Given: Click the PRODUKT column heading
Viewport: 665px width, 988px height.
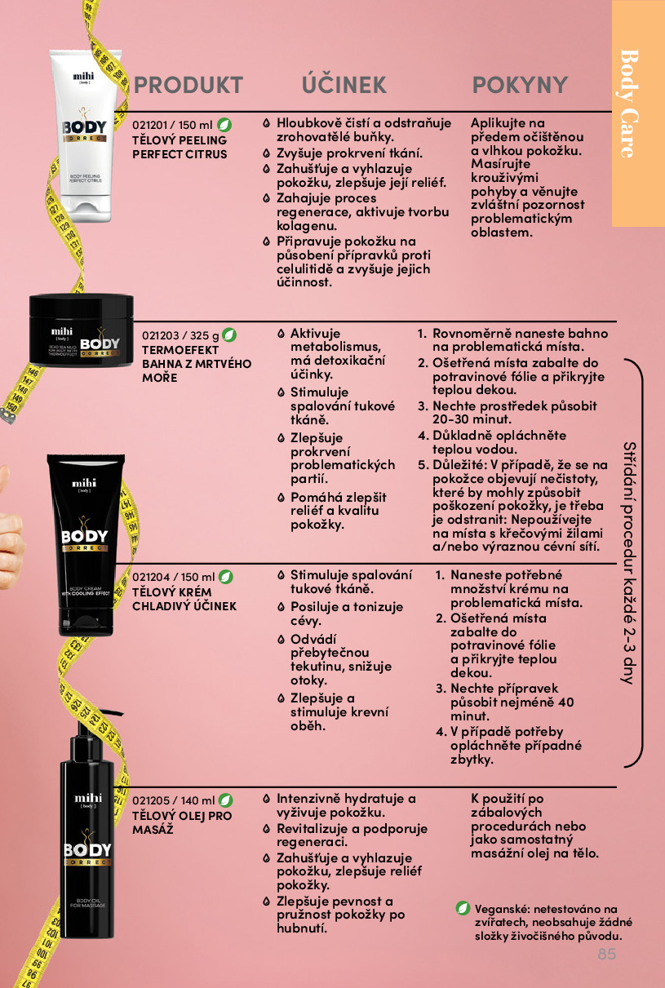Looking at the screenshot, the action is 188,85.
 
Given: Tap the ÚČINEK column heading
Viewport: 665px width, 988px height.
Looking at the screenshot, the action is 344,84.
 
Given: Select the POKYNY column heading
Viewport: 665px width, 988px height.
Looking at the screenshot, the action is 520,85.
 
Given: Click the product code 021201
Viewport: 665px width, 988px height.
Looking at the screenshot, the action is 150,126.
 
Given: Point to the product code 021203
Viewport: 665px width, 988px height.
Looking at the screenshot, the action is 160,335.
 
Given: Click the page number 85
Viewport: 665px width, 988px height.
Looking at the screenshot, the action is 607,954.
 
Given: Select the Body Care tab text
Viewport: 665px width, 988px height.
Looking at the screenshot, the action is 630,104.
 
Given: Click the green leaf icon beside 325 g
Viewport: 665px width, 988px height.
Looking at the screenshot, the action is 228,335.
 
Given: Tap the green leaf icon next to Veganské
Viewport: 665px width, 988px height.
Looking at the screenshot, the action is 463,909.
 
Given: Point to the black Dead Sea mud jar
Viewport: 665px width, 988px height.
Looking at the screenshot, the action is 81,330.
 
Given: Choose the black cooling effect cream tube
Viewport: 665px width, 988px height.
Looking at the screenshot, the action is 86,545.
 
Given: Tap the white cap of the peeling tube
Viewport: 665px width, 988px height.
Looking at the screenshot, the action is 91,209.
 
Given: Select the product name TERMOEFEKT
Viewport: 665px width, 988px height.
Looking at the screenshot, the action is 180,350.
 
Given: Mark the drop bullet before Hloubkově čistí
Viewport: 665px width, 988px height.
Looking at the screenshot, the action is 266,123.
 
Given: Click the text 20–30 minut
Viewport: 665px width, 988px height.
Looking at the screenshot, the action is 472,419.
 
